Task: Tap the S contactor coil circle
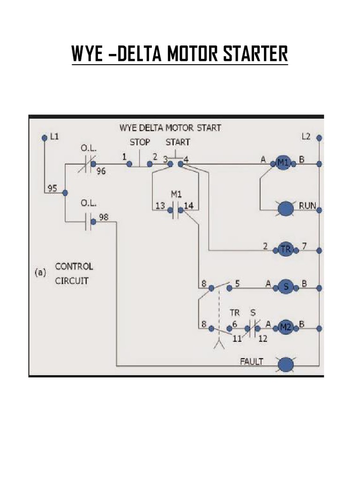click(285, 287)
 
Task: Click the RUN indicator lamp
click(285, 209)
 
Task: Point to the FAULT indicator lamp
click(285, 364)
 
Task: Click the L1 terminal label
click(54, 137)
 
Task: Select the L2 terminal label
click(307, 137)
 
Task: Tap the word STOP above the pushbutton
click(140, 142)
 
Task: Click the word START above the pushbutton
click(178, 142)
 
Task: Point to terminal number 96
click(101, 172)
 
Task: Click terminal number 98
click(103, 217)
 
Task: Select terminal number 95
click(52, 189)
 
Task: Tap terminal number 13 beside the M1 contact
click(160, 205)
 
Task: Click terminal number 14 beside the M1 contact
click(188, 205)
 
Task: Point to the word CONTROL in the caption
click(74, 266)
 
